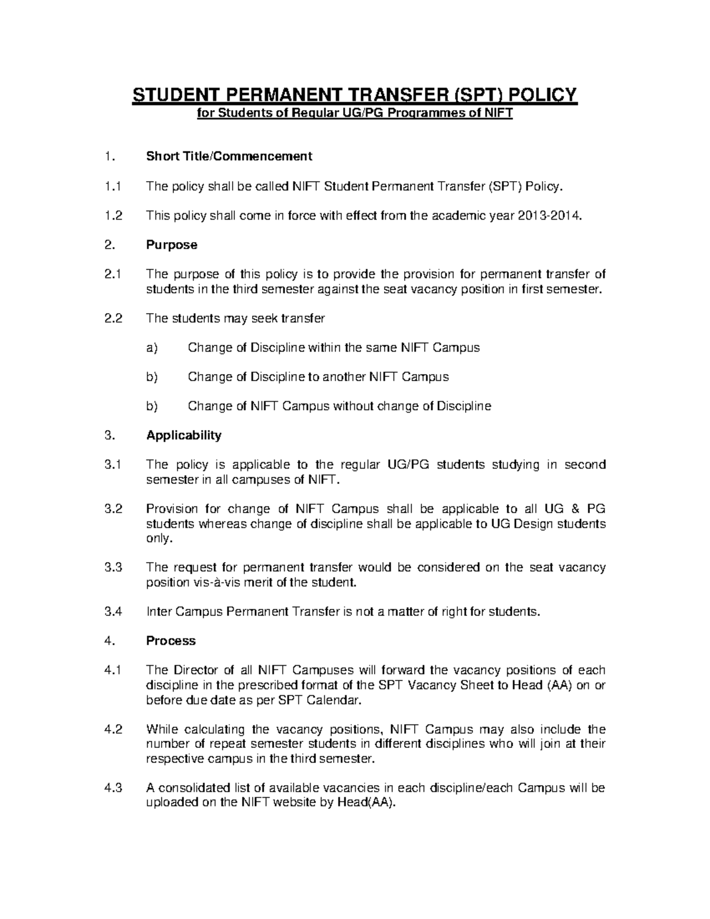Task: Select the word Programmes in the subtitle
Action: (x=422, y=114)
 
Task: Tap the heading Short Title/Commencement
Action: (x=229, y=156)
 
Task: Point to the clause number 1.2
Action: (x=112, y=216)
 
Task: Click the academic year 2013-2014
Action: (x=550, y=216)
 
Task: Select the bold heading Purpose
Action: (x=172, y=245)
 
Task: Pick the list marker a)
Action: (x=152, y=348)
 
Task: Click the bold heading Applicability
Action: (x=183, y=436)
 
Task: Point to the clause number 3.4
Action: (x=112, y=612)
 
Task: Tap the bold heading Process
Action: (x=171, y=641)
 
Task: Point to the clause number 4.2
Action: (x=112, y=729)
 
